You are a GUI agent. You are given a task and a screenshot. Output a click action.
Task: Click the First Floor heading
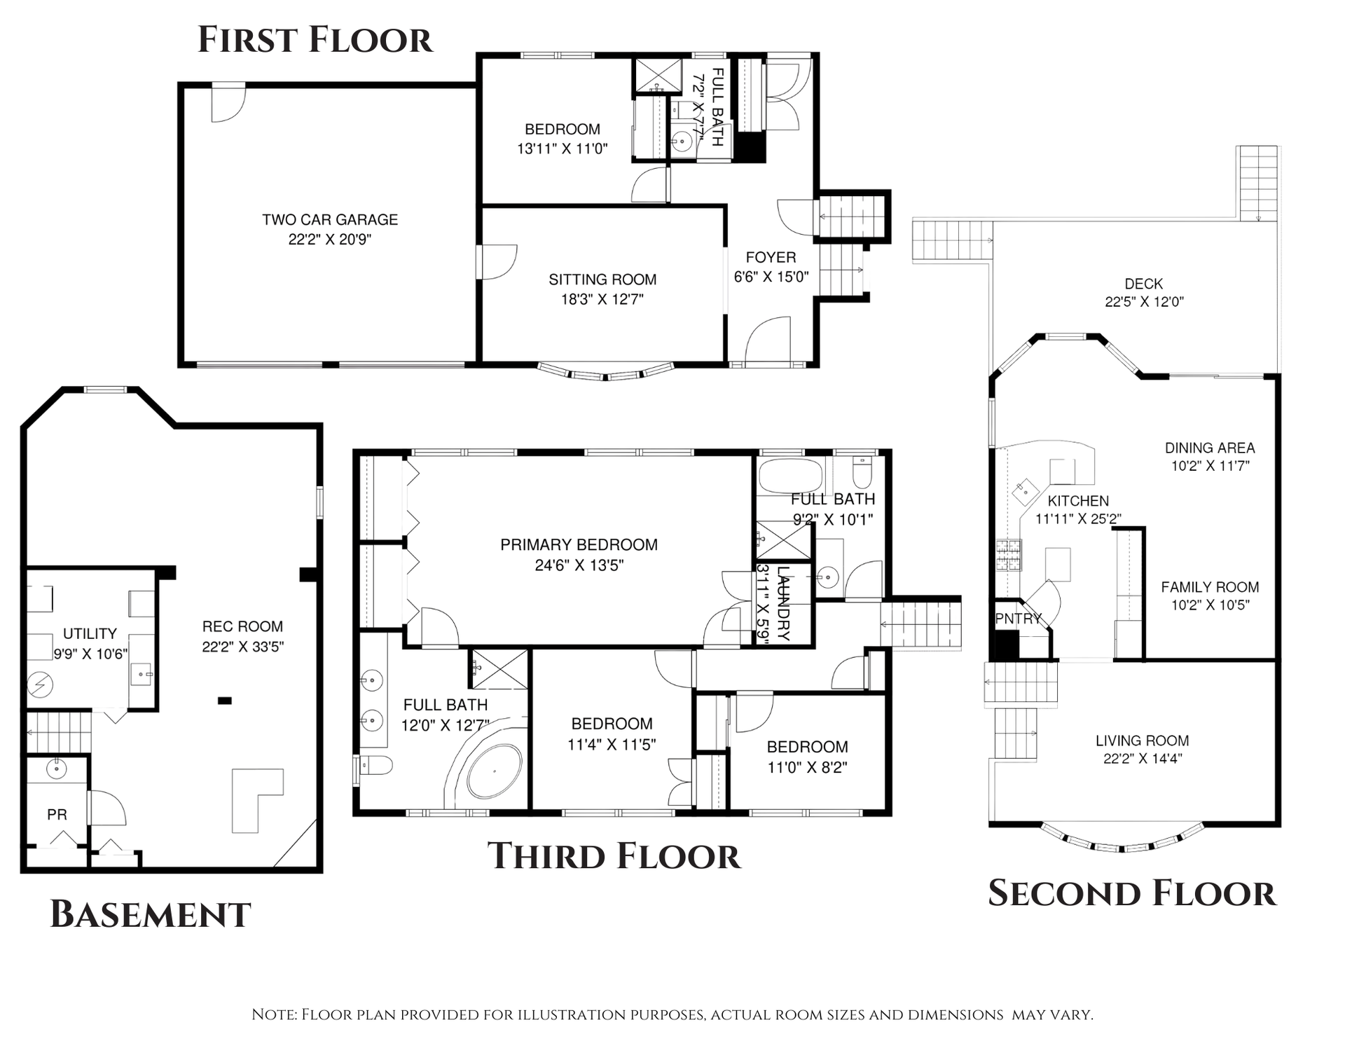(315, 39)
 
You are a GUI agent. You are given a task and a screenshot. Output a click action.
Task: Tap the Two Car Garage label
(330, 219)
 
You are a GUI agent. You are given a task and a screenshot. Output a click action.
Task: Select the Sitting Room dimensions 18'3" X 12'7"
(602, 300)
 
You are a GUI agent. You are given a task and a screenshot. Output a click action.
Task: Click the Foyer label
(771, 257)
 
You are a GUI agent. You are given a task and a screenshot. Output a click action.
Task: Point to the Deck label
(1143, 284)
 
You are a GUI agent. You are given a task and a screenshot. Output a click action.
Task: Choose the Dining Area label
(1210, 448)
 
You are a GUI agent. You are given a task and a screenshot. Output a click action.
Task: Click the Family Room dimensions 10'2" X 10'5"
(1210, 605)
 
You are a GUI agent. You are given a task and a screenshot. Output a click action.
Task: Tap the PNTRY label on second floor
(1019, 619)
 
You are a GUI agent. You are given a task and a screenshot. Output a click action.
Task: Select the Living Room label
(1142, 741)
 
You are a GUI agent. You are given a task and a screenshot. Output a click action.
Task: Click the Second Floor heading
(1132, 893)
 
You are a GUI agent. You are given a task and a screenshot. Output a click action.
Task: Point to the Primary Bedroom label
(579, 544)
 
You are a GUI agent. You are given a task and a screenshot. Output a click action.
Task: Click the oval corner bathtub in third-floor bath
(495, 771)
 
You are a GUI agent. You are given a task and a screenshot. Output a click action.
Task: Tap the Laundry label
(784, 603)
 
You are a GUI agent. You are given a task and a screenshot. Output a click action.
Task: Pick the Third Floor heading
(614, 856)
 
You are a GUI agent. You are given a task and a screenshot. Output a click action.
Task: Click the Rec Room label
(242, 626)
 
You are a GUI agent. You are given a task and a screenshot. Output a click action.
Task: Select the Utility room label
(90, 633)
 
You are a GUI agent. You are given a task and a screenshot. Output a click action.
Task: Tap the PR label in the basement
(57, 814)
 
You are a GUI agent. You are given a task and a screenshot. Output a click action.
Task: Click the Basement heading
(151, 914)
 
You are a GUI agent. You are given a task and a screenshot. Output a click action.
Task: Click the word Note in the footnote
(274, 1014)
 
